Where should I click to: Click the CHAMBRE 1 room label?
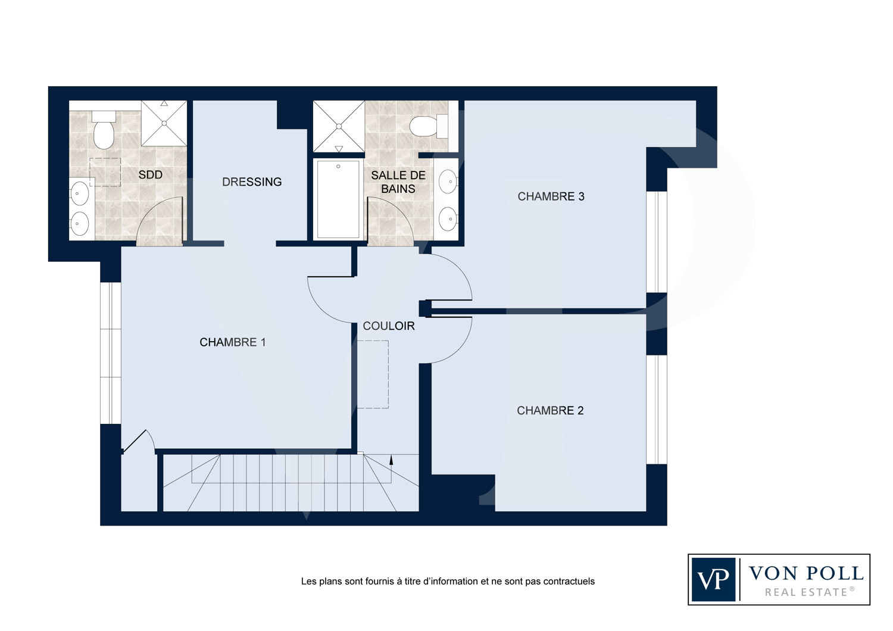232,342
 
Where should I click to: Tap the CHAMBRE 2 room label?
550,411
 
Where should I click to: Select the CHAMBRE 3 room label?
551,196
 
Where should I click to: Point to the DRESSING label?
252,182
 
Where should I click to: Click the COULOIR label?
389,326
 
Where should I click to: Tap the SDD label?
150,174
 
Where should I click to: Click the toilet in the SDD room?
103,130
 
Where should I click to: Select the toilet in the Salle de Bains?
429,126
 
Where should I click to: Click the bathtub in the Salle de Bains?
338,199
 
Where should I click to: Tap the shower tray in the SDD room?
164,123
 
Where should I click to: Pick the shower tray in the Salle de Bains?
339,126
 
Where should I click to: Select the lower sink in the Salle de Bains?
448,218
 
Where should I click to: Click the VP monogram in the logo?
713,579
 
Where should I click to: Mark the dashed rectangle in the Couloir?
373,374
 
